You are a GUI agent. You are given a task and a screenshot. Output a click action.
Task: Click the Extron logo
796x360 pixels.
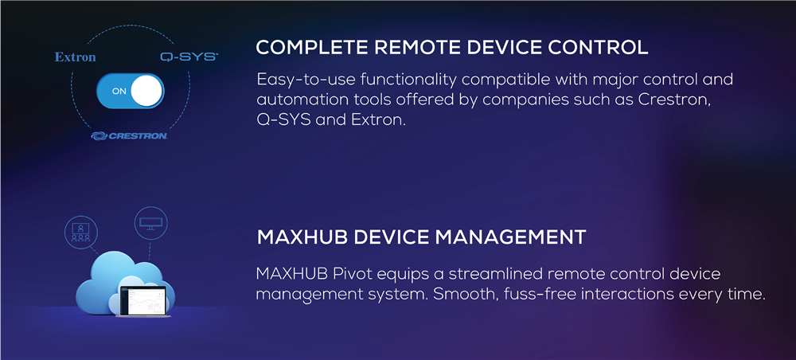pos(75,57)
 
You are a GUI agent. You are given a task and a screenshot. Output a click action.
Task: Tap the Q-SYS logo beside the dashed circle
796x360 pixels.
pos(189,57)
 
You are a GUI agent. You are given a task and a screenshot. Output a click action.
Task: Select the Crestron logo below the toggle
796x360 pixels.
pos(130,135)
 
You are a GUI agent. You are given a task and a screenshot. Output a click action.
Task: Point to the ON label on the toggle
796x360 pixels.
pos(119,92)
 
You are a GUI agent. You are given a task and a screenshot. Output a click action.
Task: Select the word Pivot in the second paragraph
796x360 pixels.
pos(350,274)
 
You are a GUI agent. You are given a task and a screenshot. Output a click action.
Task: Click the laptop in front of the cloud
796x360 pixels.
pos(142,302)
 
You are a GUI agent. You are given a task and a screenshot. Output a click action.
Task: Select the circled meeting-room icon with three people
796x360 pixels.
pos(80,232)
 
